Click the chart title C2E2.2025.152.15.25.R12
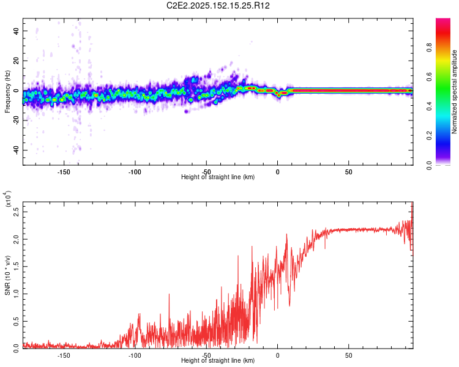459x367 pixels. (x=218, y=6)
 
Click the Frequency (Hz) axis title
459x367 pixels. (x=7, y=91)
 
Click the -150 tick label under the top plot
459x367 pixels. (x=63, y=171)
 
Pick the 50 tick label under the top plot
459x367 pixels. (x=348, y=171)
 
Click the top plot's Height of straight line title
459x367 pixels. (x=218, y=177)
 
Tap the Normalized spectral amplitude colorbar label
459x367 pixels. (x=455, y=92)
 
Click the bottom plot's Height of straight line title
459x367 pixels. (x=218, y=360)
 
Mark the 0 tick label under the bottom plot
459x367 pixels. (x=277, y=355)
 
